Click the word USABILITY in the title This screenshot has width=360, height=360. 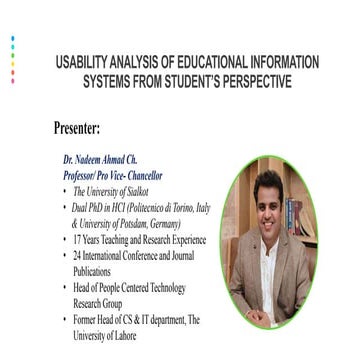pos(87,63)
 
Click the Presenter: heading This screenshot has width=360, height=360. pos(90,128)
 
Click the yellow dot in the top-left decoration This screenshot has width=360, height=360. pos(12,63)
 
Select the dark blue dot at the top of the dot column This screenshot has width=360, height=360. pos(12,38)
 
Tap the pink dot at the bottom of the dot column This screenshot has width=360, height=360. pos(12,80)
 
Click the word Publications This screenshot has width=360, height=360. pos(93,271)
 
